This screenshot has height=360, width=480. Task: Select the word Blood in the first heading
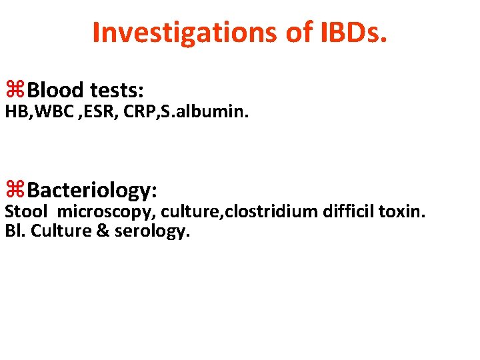pyautogui.click(x=56, y=89)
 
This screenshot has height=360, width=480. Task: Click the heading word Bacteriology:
pyautogui.click(x=93, y=191)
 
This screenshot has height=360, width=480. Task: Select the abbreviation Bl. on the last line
pyautogui.click(x=15, y=231)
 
